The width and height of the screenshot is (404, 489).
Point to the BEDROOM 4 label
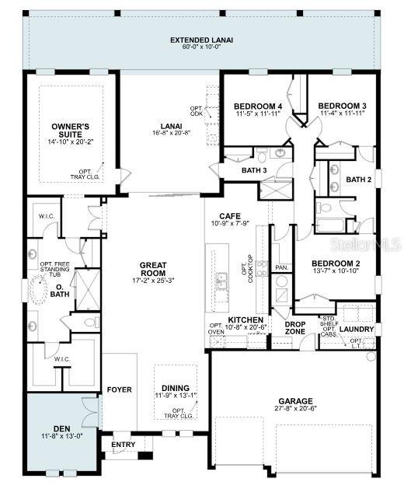click(x=256, y=107)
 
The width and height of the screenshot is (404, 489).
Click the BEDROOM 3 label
click(x=342, y=107)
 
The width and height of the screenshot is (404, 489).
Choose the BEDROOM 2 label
click(x=336, y=264)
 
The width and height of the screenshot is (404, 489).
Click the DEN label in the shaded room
click(x=62, y=428)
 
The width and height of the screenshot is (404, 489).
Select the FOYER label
click(x=120, y=389)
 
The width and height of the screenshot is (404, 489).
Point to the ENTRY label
click(x=123, y=445)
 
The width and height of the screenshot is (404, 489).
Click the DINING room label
click(x=175, y=388)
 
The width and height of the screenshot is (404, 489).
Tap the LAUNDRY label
click(x=357, y=329)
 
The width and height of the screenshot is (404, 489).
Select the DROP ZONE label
click(x=294, y=327)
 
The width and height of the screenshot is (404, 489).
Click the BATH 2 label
click(x=359, y=180)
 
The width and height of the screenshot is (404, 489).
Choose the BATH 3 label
click(x=254, y=170)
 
